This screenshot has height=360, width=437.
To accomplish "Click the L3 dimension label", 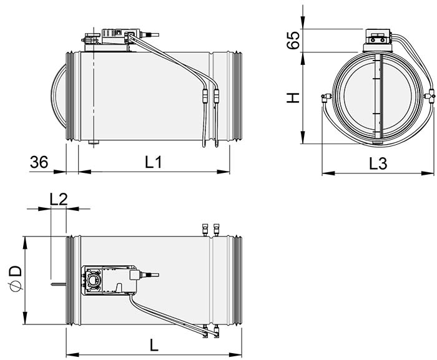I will coord(378,164).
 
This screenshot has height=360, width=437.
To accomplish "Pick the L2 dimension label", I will coord(58,199).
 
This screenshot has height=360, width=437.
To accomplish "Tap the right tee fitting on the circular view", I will coord(431,96).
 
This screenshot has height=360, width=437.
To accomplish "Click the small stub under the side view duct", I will coord(94,144).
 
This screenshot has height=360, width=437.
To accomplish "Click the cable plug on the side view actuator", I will coord(152,36).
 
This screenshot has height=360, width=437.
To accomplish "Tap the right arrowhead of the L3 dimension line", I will coord(430,174).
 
